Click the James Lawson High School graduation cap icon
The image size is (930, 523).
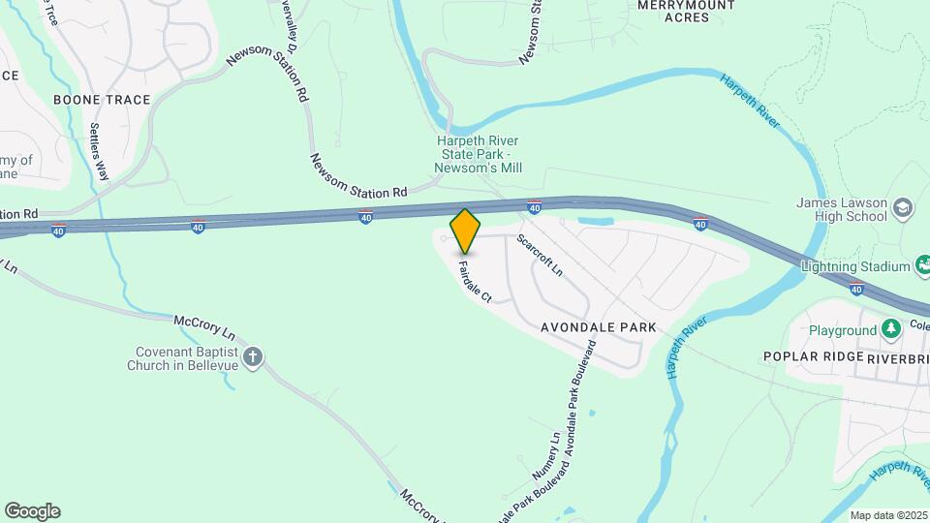click(x=903, y=207)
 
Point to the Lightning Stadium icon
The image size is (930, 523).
click(x=924, y=266)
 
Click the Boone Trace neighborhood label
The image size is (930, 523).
click(x=102, y=100)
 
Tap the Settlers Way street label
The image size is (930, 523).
click(x=99, y=152)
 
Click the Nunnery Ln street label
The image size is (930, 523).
click(x=545, y=455)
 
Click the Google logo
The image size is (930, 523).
click(x=32, y=510)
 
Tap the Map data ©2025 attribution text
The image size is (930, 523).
click(x=888, y=515)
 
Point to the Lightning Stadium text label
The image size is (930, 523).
click(x=855, y=266)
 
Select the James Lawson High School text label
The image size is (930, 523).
click(x=841, y=209)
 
